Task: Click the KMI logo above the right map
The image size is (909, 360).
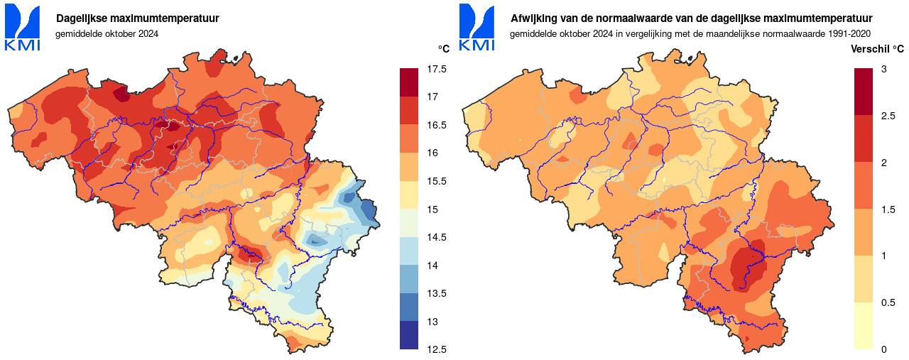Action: tap(477, 27)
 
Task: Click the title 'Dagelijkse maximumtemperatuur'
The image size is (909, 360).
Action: tap(137, 18)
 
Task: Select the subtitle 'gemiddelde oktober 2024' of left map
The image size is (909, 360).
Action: tap(107, 33)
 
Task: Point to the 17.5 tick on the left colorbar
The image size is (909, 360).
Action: tap(437, 69)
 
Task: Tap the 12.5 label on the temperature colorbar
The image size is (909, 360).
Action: tap(437, 349)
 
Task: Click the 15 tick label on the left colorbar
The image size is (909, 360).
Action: tap(432, 209)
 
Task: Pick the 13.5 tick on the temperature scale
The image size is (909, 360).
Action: tap(437, 293)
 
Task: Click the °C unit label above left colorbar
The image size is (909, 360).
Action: tap(443, 49)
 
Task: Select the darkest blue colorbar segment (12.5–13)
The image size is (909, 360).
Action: tap(409, 335)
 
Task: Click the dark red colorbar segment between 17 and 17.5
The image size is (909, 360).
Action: tap(409, 82)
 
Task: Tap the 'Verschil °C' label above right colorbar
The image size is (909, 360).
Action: tap(877, 49)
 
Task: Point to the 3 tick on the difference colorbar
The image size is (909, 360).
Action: tap(883, 69)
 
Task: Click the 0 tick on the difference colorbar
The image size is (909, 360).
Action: tap(883, 349)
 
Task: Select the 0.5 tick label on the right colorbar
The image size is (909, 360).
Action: tap(888, 302)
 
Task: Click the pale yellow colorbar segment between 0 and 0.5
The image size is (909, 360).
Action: tap(863, 326)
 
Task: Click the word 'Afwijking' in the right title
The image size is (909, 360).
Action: tap(532, 18)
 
